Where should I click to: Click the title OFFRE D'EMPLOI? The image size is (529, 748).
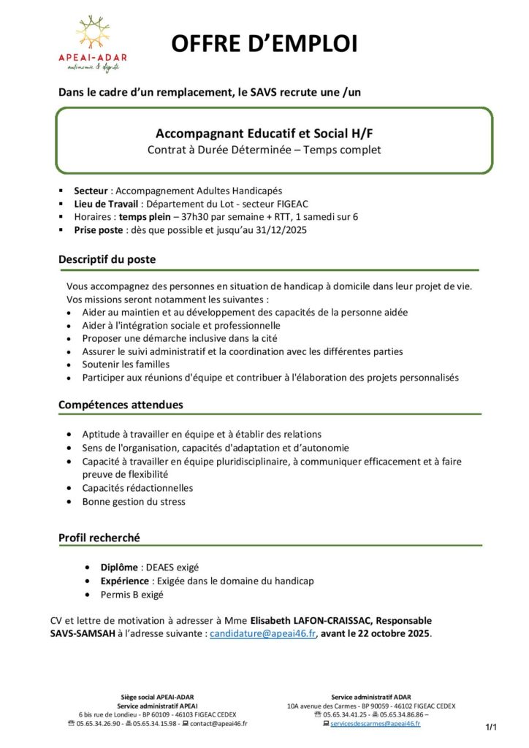[264, 44]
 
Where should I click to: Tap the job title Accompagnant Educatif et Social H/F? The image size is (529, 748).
[264, 134]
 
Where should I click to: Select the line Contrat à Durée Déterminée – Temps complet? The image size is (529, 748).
[264, 150]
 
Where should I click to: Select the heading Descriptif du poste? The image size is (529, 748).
[107, 259]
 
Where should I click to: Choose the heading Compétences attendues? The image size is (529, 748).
[121, 405]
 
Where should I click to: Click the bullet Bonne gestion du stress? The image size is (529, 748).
[134, 502]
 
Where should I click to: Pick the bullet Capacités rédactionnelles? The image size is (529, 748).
[137, 488]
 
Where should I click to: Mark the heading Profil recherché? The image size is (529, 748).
[99, 538]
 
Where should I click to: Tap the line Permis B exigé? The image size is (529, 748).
[132, 595]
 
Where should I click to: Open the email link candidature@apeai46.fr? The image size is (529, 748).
[262, 633]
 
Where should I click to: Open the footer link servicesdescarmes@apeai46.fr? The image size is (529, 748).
[375, 723]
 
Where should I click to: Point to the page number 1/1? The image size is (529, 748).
[491, 728]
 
